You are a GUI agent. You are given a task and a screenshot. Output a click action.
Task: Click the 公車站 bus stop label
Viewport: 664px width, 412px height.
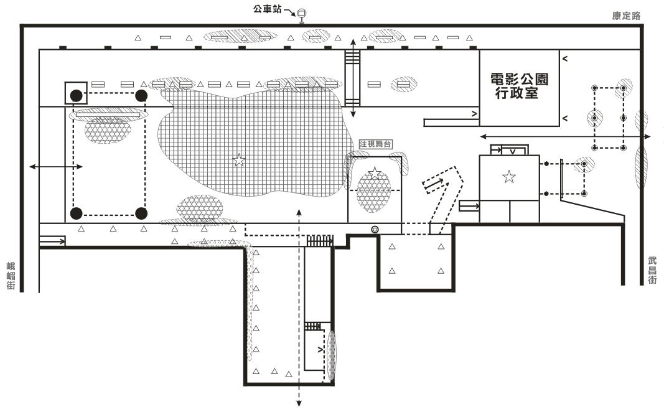point(267,9)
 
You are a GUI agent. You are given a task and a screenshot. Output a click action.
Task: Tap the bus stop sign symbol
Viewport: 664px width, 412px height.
point(302,16)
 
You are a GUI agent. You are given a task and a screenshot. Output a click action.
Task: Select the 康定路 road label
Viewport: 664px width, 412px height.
point(626,16)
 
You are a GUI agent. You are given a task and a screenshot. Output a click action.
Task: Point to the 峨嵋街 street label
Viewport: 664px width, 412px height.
point(11,276)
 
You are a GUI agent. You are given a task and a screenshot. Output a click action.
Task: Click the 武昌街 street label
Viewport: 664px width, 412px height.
point(652,270)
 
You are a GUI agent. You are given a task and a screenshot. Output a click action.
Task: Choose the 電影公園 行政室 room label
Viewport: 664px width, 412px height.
point(519,86)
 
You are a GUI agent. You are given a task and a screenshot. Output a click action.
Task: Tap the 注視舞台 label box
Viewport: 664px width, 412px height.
point(375,144)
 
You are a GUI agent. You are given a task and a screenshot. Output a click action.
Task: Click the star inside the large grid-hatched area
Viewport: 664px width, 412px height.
point(239,160)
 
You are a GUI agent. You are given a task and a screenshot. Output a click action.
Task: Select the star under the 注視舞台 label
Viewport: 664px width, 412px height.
point(375,173)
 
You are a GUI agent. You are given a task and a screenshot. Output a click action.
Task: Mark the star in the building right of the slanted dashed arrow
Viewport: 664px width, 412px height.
point(509,177)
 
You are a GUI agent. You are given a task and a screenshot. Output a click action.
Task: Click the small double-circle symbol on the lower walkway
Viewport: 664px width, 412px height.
point(375,230)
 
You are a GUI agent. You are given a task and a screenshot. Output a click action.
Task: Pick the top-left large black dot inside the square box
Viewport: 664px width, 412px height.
point(76,96)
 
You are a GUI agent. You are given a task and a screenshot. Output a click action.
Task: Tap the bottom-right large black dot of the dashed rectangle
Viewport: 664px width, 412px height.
point(141,213)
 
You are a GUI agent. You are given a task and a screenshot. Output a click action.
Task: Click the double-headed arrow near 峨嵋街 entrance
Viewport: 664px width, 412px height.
point(56,167)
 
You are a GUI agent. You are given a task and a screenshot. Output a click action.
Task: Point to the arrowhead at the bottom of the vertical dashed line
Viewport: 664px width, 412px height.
point(299,403)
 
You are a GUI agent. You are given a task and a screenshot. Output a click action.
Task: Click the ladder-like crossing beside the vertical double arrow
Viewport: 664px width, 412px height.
point(352,78)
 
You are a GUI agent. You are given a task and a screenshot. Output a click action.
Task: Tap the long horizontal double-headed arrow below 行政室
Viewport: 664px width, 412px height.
point(566,136)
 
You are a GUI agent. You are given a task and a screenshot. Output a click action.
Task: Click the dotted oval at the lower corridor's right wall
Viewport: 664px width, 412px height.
point(332,354)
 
